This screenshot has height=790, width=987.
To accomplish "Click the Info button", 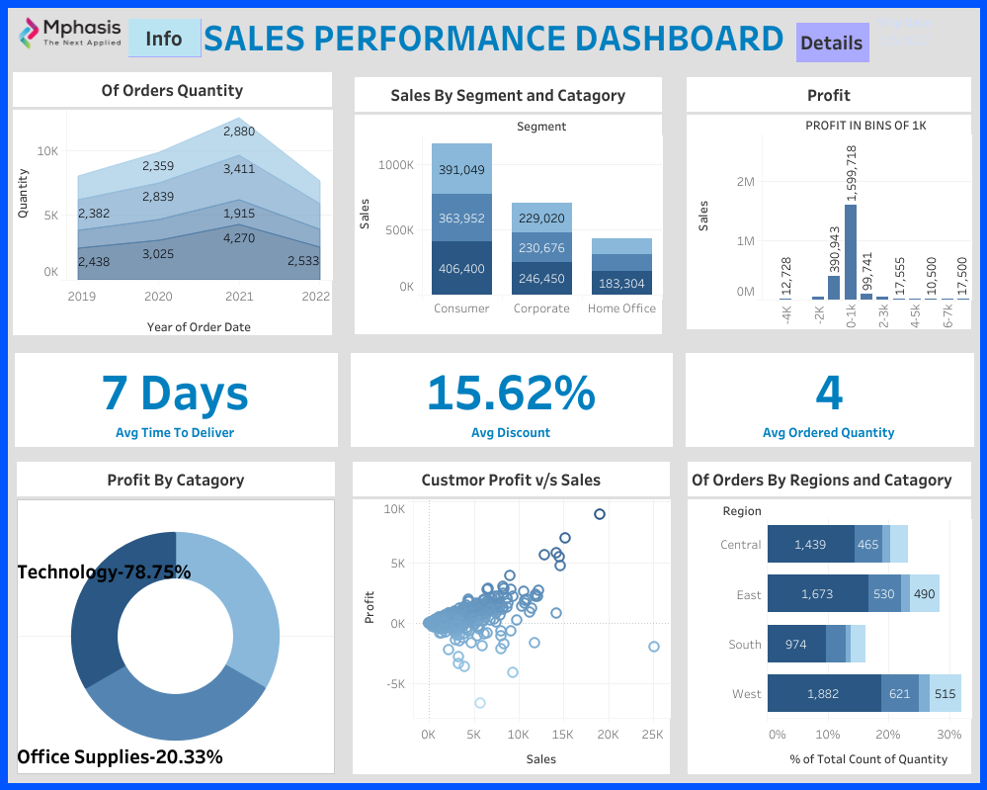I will pos(164,39).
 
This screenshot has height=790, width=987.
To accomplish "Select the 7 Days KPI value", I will pos(175,393).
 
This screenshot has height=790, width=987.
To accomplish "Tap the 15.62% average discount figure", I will pos(511,393).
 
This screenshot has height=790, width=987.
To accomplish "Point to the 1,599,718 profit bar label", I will pos(851,174).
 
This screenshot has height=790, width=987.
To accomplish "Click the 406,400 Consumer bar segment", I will pos(461,268).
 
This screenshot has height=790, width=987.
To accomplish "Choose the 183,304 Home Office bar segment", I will pos(622,283).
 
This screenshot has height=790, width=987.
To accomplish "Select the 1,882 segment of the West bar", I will pos(823,694).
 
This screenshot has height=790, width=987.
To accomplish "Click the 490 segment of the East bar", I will pos(924,594).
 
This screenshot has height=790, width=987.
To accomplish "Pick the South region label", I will pos(745,645).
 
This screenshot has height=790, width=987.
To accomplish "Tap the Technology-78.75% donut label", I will pos(104,572).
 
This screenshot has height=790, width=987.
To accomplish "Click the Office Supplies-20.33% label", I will pos(120,757).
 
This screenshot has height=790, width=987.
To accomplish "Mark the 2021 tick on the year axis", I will pos(238,296).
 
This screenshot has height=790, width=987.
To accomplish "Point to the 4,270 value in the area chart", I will pos(239,238).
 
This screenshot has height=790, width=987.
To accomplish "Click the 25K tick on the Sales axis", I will pos(652,735).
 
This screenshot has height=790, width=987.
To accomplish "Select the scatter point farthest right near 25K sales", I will pos(653,647).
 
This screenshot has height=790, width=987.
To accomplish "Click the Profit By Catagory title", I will pos(176,481).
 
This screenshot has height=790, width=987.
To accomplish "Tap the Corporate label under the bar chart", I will pos(541,308).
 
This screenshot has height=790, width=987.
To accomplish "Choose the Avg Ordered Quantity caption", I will pos(828,432).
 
